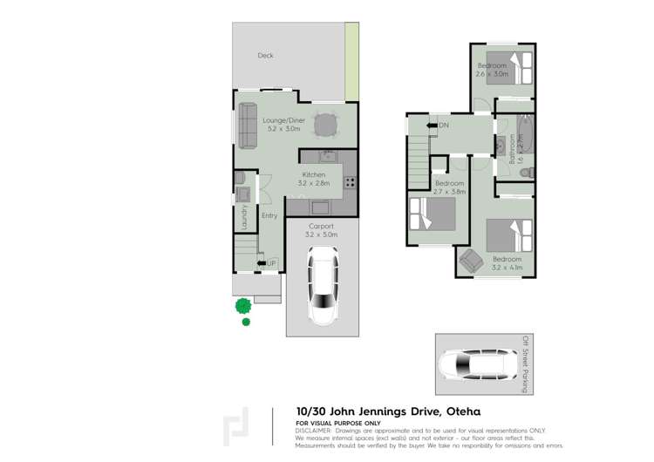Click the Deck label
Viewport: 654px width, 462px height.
click(265, 56)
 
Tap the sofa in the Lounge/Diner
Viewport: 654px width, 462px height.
click(248, 125)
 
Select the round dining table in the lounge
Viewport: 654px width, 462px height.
click(325, 126)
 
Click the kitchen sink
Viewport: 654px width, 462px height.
click(328, 158)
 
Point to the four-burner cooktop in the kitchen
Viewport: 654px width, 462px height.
click(349, 183)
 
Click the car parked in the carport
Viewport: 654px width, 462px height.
click(322, 285)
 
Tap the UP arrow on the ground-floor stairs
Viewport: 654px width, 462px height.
click(261, 263)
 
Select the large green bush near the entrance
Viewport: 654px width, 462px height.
click(243, 305)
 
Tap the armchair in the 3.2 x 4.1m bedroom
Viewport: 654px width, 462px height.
click(472, 260)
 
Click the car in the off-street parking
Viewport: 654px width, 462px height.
click(478, 364)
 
